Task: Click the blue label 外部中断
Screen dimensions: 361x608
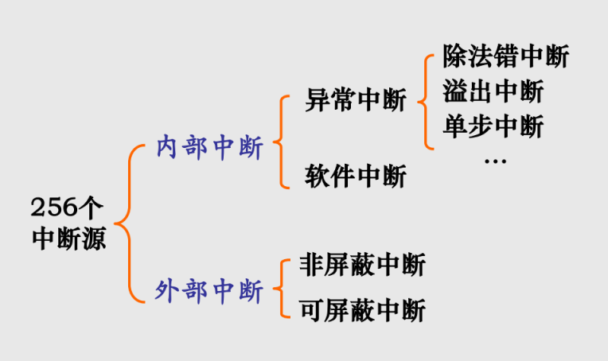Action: (x=209, y=291)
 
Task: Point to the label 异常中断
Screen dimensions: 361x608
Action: (x=355, y=101)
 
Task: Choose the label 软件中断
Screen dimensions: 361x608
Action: (x=355, y=176)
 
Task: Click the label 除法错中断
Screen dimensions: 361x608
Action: (x=506, y=57)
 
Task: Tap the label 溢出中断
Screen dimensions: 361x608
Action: (x=493, y=92)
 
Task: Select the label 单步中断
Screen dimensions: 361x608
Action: (x=493, y=126)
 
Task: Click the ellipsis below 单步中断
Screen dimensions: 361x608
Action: (x=494, y=161)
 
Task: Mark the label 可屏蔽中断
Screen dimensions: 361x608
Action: (x=362, y=309)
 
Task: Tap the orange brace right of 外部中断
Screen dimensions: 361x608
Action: (x=281, y=288)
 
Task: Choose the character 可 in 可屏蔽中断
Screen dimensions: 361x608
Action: (x=311, y=309)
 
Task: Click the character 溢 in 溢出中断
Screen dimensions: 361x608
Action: (x=456, y=92)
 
